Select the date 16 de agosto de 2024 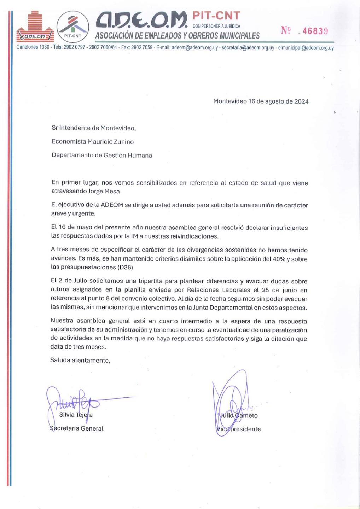click(278, 101)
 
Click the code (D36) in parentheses click(125, 268)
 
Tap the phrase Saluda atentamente click(80, 361)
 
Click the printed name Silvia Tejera click(76, 415)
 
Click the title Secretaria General click(77, 428)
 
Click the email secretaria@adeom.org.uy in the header click(248, 47)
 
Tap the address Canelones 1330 click(33, 47)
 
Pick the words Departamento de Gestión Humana click(102, 155)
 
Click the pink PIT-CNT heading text click(216, 16)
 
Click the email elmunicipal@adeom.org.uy click(306, 47)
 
